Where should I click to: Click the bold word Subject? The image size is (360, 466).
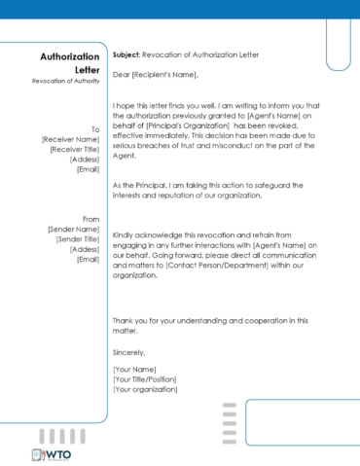pos(126,55)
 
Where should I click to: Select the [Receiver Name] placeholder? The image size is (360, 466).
pos(71,139)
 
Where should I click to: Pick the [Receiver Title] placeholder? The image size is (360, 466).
pos(74,149)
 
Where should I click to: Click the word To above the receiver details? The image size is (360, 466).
pos(95,128)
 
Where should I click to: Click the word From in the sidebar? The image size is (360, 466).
pos(91,219)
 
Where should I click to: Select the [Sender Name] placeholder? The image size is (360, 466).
pos(73,229)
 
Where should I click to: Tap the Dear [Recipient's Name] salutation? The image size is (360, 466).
pos(156,74)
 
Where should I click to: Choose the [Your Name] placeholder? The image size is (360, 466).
pos(135,371)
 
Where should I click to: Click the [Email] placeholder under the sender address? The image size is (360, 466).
pos(90,259)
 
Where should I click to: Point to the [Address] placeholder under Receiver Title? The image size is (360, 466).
pos(86,159)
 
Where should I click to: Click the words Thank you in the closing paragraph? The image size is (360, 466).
pos(130,320)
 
